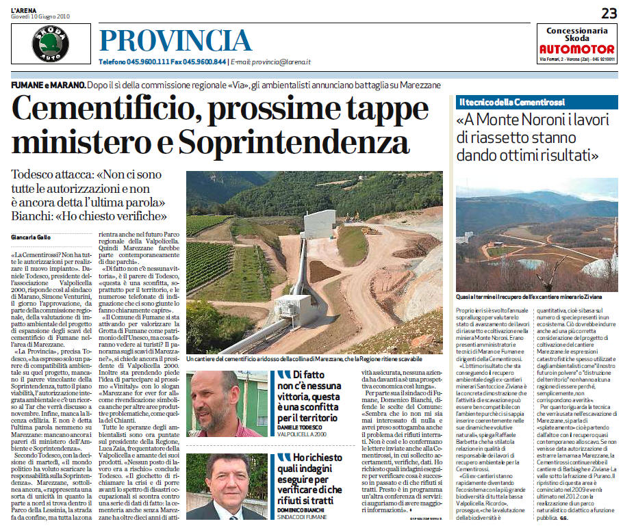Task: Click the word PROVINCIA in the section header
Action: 175,41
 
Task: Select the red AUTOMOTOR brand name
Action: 576,49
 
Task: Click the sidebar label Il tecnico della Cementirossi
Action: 503,103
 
